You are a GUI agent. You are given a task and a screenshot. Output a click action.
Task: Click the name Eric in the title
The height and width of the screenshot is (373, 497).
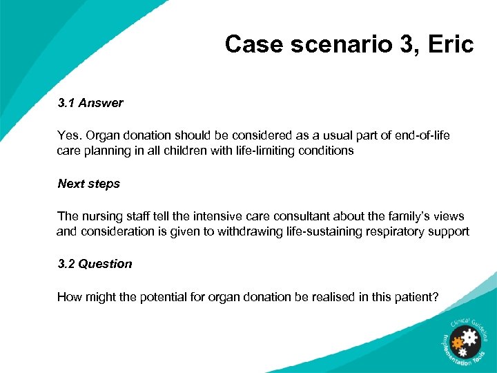point(448,45)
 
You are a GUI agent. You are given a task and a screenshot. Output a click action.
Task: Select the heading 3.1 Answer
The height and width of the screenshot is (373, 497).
point(90,103)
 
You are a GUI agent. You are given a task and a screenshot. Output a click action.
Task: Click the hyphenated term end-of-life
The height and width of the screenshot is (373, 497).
point(422,135)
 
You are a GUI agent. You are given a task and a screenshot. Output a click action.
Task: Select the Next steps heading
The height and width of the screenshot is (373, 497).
point(89,184)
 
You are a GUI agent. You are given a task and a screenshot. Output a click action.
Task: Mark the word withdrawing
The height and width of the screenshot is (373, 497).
point(250,231)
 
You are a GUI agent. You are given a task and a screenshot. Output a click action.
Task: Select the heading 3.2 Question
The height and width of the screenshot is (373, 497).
point(95,264)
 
